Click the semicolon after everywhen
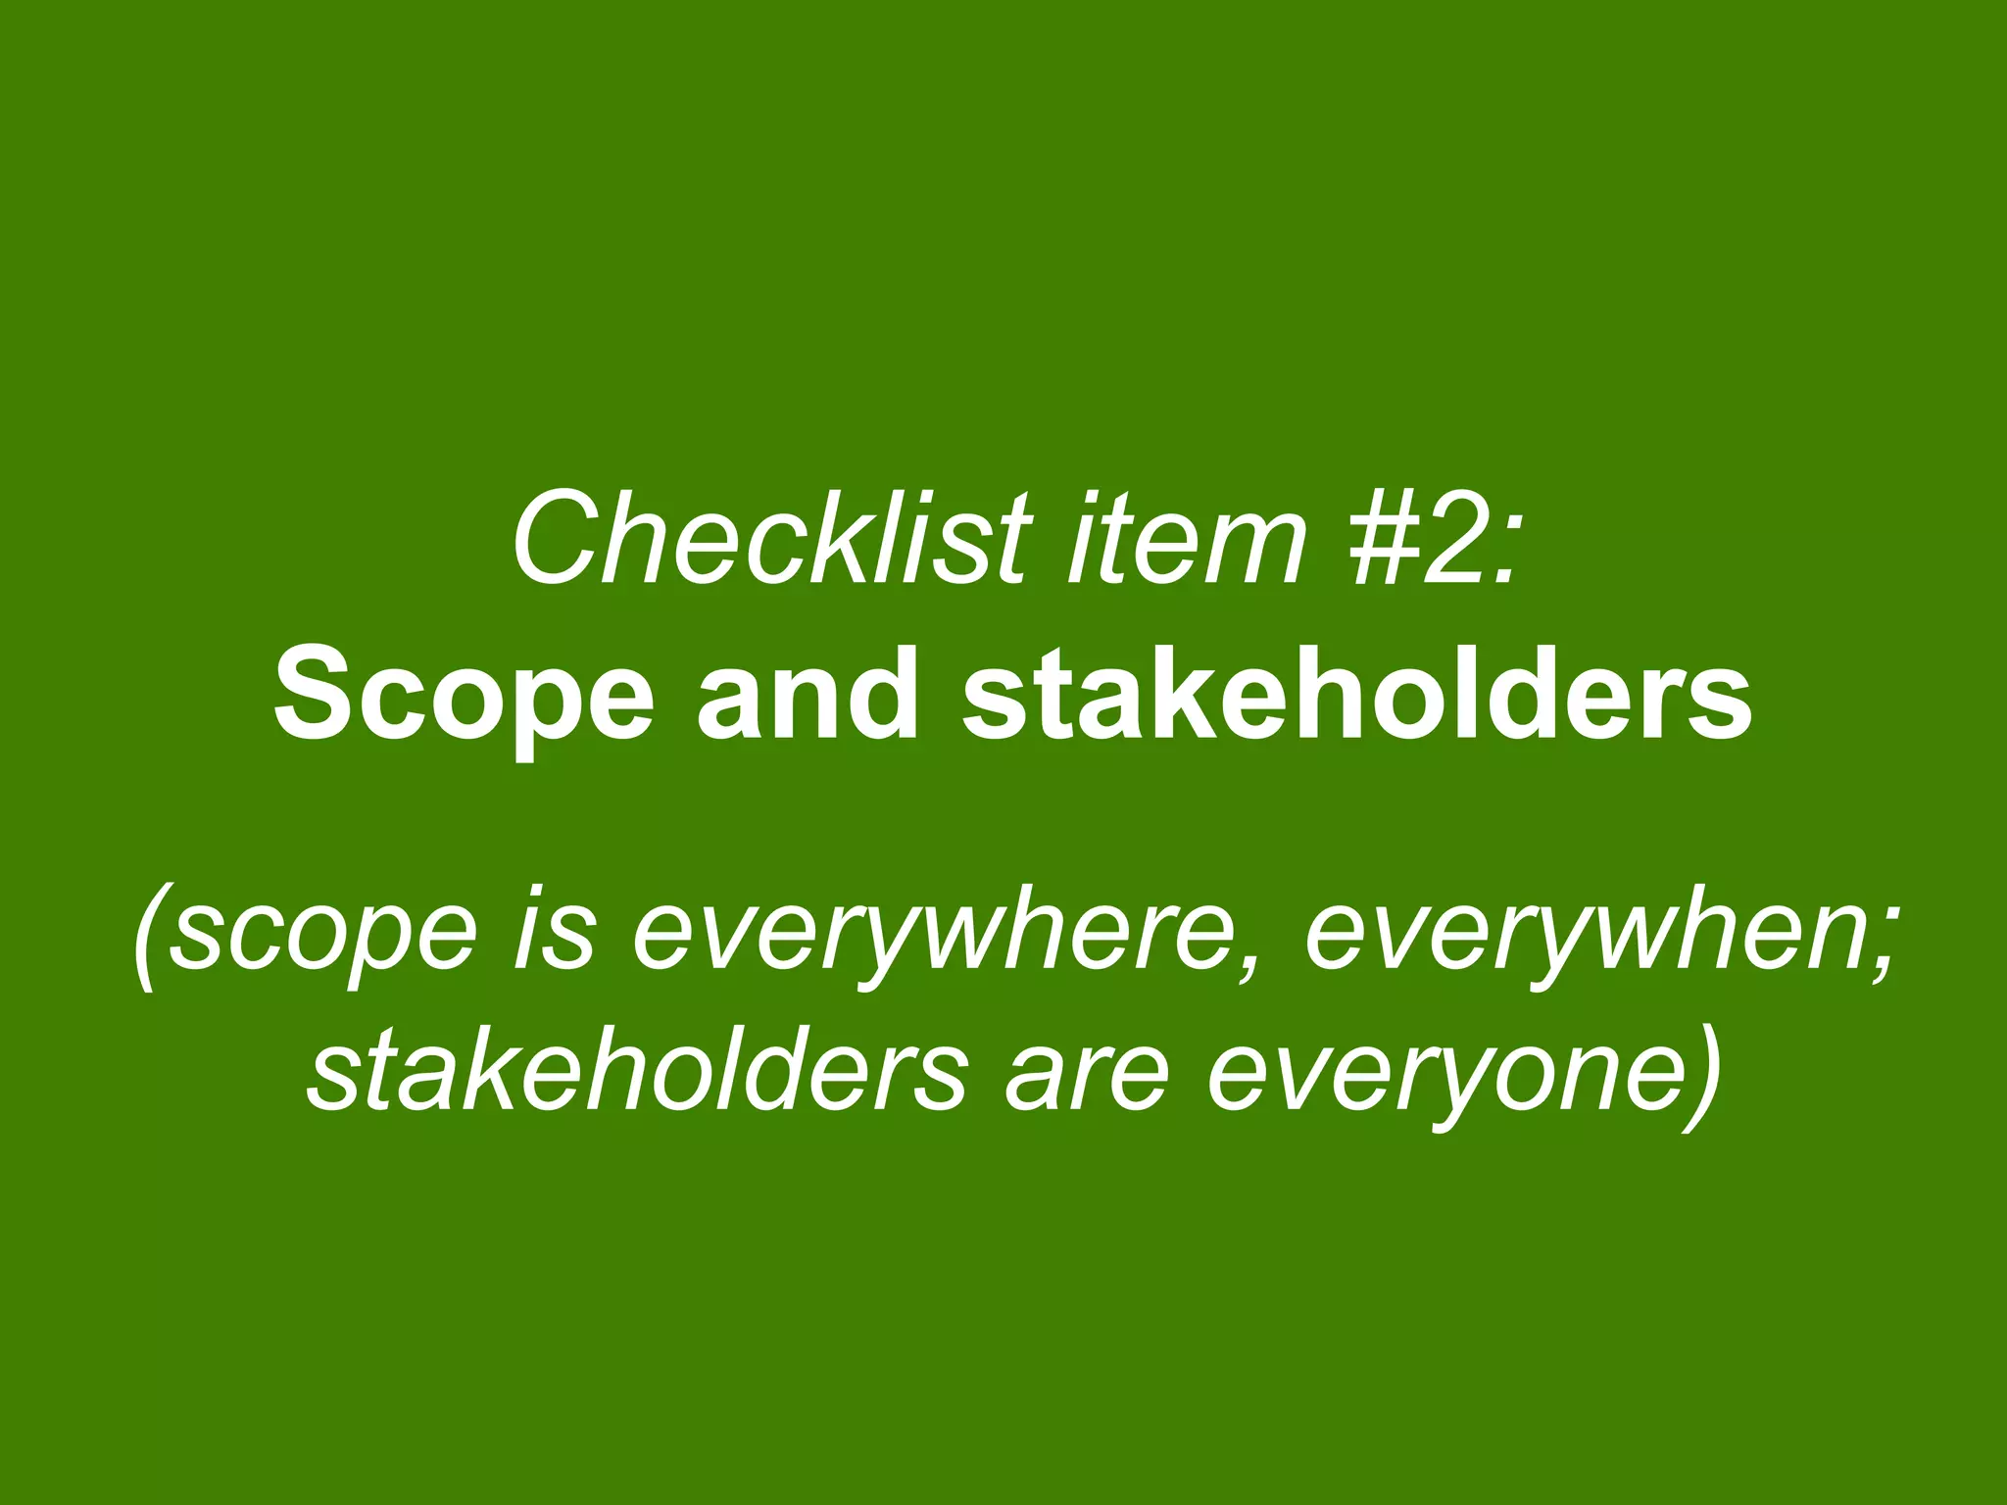(x=1867, y=946)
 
